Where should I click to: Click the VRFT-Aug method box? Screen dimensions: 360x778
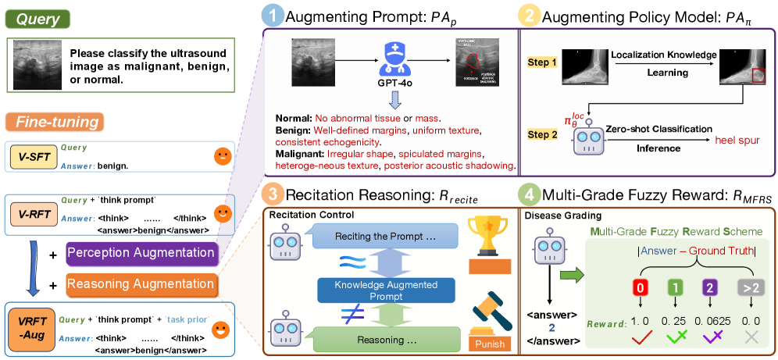28,326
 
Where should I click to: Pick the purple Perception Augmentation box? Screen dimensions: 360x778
141,252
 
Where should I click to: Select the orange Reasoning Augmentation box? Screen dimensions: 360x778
141,283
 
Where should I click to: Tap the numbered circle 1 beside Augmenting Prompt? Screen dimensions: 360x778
272,16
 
